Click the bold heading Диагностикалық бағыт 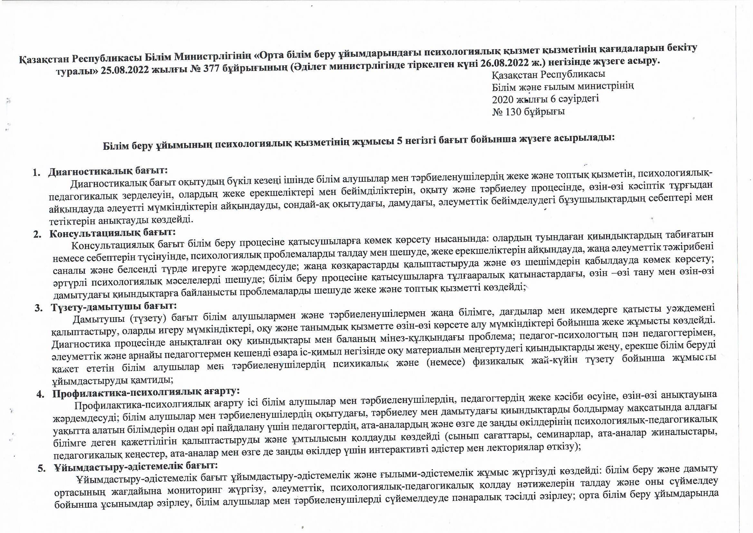point(108,171)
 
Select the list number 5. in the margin point(42,469)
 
